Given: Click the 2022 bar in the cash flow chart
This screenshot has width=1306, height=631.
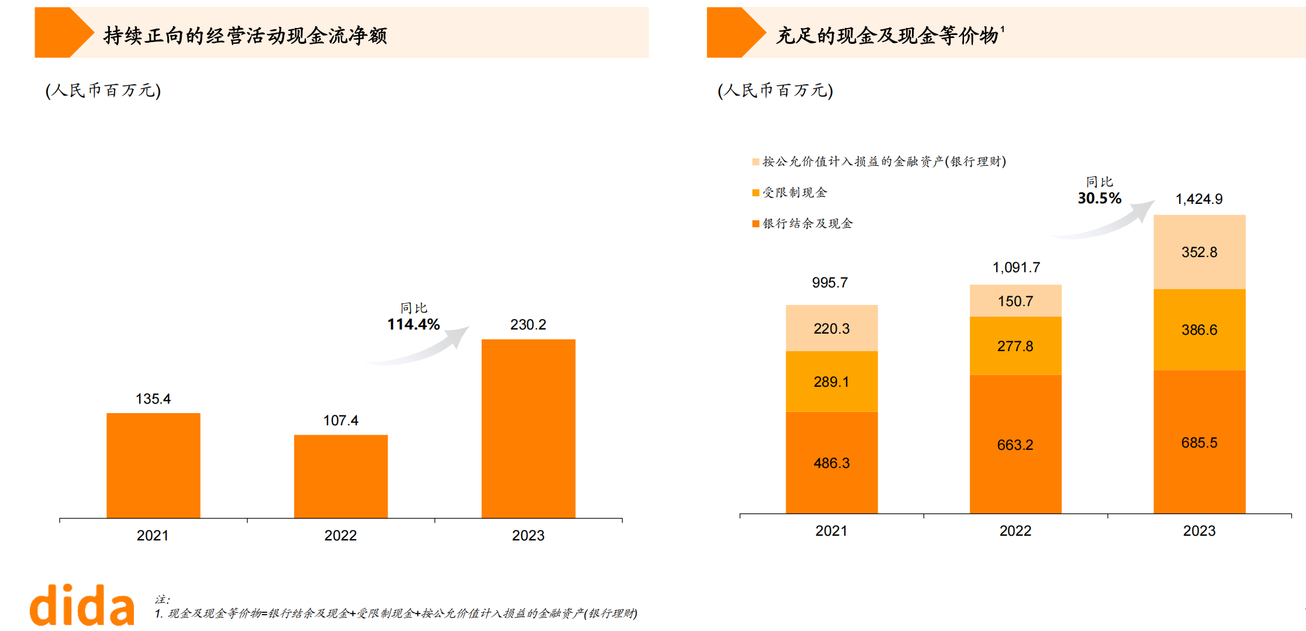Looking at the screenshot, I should coord(340,476).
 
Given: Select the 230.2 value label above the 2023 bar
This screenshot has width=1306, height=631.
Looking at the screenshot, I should coord(528,325).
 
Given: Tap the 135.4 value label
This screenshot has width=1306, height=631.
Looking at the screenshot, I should coord(153,399).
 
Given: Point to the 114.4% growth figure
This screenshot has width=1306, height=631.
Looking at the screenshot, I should coord(413,325).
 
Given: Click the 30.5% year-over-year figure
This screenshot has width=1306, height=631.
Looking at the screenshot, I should coord(1099,199).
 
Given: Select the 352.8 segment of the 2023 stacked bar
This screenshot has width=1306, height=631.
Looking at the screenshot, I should coord(1199,252).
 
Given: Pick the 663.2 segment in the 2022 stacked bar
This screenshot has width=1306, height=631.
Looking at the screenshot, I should coord(1015,445).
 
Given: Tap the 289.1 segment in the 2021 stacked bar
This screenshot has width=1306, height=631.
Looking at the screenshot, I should coord(831,382).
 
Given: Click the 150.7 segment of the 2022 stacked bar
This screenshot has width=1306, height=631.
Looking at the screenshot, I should coord(1015,301).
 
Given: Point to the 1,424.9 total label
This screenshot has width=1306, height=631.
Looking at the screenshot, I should coord(1198,199).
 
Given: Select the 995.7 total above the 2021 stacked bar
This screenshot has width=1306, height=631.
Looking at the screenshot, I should coord(830,283).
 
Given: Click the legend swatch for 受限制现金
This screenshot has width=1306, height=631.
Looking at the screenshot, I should coord(755,193).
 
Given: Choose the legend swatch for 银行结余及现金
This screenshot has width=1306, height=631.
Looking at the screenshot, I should coord(755,224).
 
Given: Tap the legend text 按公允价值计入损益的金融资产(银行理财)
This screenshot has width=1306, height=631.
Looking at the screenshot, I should coord(884,162).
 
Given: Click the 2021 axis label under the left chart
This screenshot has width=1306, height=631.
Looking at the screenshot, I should coord(153,535).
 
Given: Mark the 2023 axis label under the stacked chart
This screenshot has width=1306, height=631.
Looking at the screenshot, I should coord(1199,531).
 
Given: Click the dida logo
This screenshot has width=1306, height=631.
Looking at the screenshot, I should coord(82,605).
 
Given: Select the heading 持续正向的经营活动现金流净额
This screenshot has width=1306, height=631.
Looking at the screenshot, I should coord(245,36).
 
